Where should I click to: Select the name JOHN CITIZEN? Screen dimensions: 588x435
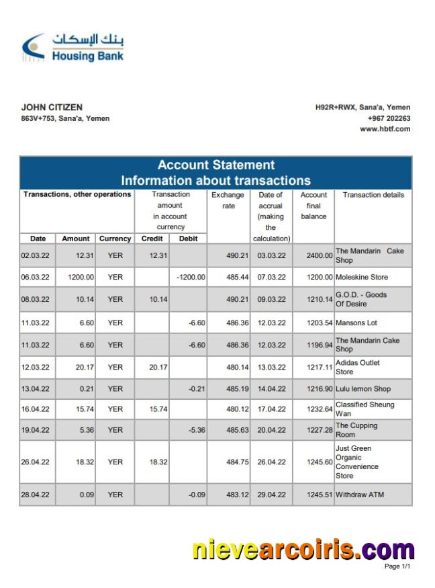(52, 108)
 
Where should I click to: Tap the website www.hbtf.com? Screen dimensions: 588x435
(385, 129)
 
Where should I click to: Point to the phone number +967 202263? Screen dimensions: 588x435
(389, 118)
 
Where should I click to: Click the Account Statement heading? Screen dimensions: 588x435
(215, 165)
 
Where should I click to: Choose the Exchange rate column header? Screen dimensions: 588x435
(228, 200)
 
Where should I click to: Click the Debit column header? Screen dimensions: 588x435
(188, 239)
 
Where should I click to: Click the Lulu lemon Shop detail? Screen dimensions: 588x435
(362, 389)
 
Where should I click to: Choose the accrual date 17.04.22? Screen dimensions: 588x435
(271, 409)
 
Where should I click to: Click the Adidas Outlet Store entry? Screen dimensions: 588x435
(358, 367)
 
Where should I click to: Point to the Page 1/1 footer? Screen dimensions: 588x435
(397, 567)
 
